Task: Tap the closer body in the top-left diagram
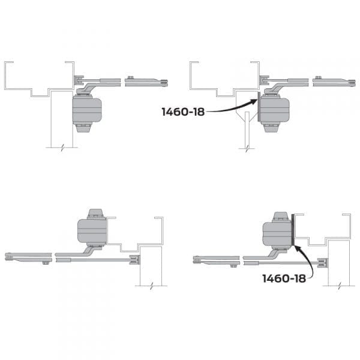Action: (86, 110)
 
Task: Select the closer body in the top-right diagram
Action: (274, 110)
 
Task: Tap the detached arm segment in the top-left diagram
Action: (146, 82)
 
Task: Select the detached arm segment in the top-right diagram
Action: (334, 82)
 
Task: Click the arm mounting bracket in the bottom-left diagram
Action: (134, 259)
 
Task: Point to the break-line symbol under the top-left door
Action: (62, 146)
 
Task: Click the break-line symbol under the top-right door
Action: (247, 146)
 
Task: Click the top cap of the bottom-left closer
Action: (95, 213)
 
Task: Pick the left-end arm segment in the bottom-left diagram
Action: (27, 259)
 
